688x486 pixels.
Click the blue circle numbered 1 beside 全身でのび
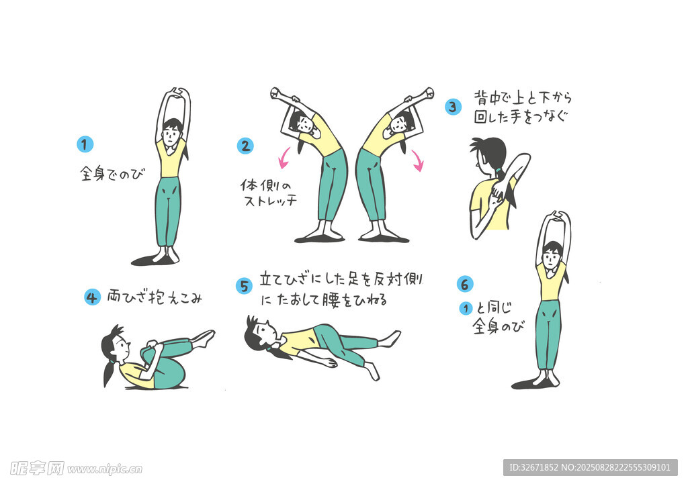(x=85, y=144)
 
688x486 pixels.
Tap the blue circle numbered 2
(x=245, y=146)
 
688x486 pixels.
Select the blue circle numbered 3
(x=453, y=107)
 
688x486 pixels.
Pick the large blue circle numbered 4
(x=92, y=297)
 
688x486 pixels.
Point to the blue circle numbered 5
(x=244, y=286)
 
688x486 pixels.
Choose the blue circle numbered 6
(x=465, y=285)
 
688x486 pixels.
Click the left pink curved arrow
(x=284, y=158)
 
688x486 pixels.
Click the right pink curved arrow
(x=418, y=160)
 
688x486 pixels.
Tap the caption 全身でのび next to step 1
(x=112, y=174)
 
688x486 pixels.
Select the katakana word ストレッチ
(x=270, y=201)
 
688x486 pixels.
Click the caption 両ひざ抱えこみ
(x=155, y=297)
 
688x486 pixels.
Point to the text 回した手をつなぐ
(x=521, y=117)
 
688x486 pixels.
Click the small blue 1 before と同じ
(x=466, y=309)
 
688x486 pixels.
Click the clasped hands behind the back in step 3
(x=498, y=193)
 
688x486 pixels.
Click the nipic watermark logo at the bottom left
(x=76, y=469)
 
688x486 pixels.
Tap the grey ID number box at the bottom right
(x=590, y=468)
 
